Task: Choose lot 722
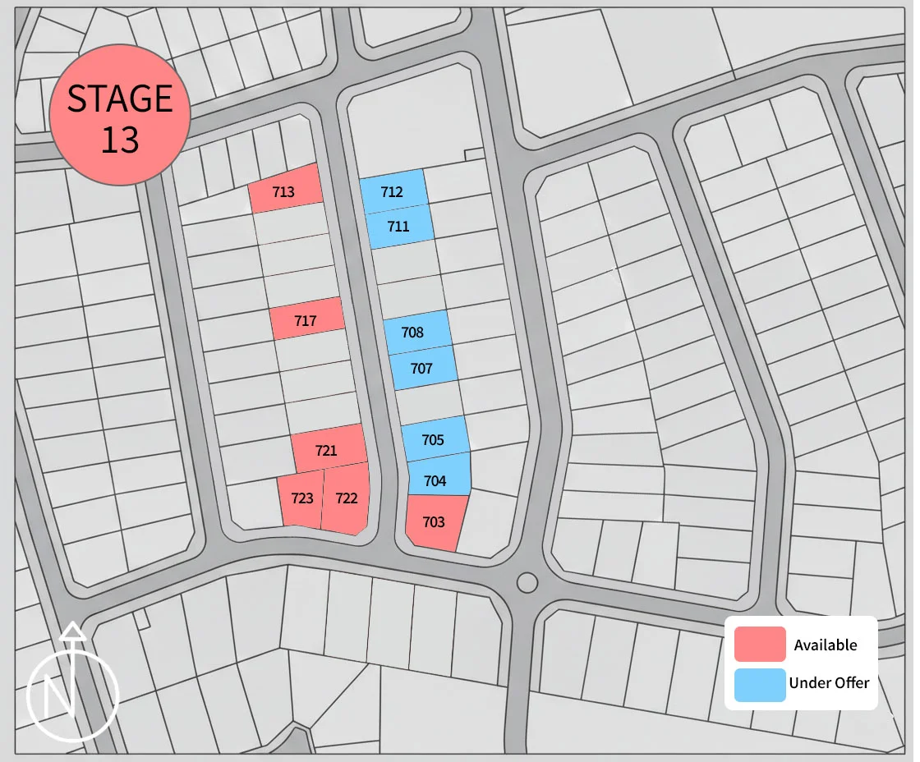[346, 498]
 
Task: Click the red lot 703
[435, 522]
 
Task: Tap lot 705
[434, 438]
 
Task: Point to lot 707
[422, 370]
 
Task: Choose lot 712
[393, 191]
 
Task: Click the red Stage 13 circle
[120, 115]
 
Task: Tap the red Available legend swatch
[760, 645]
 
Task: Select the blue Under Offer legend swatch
[760, 683]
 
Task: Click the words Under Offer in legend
[829, 682]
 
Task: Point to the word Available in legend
[825, 645]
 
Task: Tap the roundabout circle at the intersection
[527, 583]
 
